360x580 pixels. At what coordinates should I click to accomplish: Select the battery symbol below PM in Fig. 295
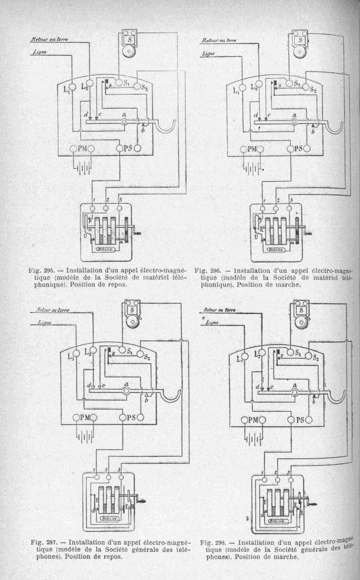(x=82, y=167)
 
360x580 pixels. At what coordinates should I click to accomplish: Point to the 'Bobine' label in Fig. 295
(x=106, y=249)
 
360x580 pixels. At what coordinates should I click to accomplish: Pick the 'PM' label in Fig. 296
(x=249, y=149)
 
